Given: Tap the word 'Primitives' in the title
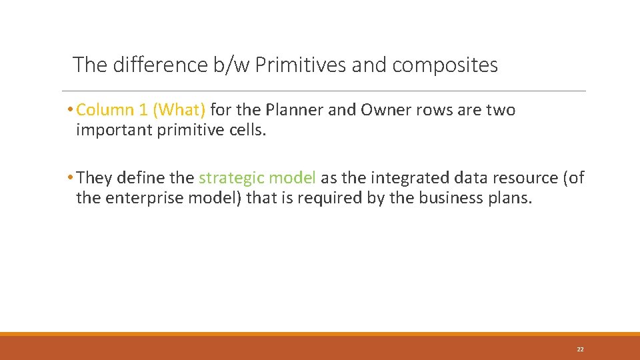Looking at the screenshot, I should click(x=299, y=65).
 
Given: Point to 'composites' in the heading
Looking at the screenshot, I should click(x=445, y=65).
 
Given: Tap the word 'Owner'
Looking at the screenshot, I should click(x=384, y=110).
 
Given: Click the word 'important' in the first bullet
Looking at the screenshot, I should click(x=114, y=130).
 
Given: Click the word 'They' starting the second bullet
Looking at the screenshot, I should click(x=94, y=178).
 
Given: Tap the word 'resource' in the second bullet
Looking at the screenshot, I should click(x=521, y=178).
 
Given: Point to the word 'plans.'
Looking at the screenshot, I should click(x=510, y=198).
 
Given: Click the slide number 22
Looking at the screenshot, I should click(x=580, y=349).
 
